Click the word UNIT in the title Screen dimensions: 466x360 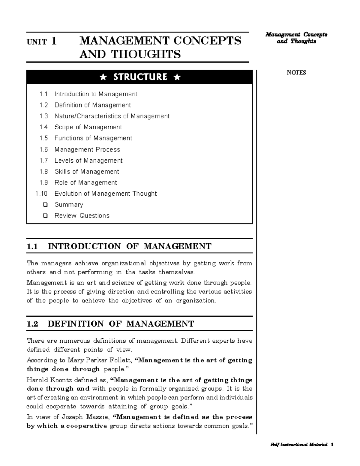[x=36, y=42]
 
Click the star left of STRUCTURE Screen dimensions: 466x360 [x=103, y=77]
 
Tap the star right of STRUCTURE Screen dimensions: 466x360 [x=177, y=77]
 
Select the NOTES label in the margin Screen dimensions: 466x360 [x=296, y=73]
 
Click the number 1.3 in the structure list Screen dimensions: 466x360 [x=43, y=116]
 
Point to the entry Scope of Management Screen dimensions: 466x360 [x=88, y=127]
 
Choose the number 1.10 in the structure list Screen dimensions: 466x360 [x=42, y=194]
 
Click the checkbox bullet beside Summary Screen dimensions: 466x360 [x=45, y=205]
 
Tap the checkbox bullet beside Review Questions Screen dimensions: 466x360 [x=45, y=216]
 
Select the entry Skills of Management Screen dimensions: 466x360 [x=87, y=172]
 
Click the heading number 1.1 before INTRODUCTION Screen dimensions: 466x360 [x=32, y=247]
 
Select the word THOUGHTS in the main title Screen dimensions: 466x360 [x=146, y=55]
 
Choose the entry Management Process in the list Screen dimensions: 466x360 [x=87, y=149]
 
